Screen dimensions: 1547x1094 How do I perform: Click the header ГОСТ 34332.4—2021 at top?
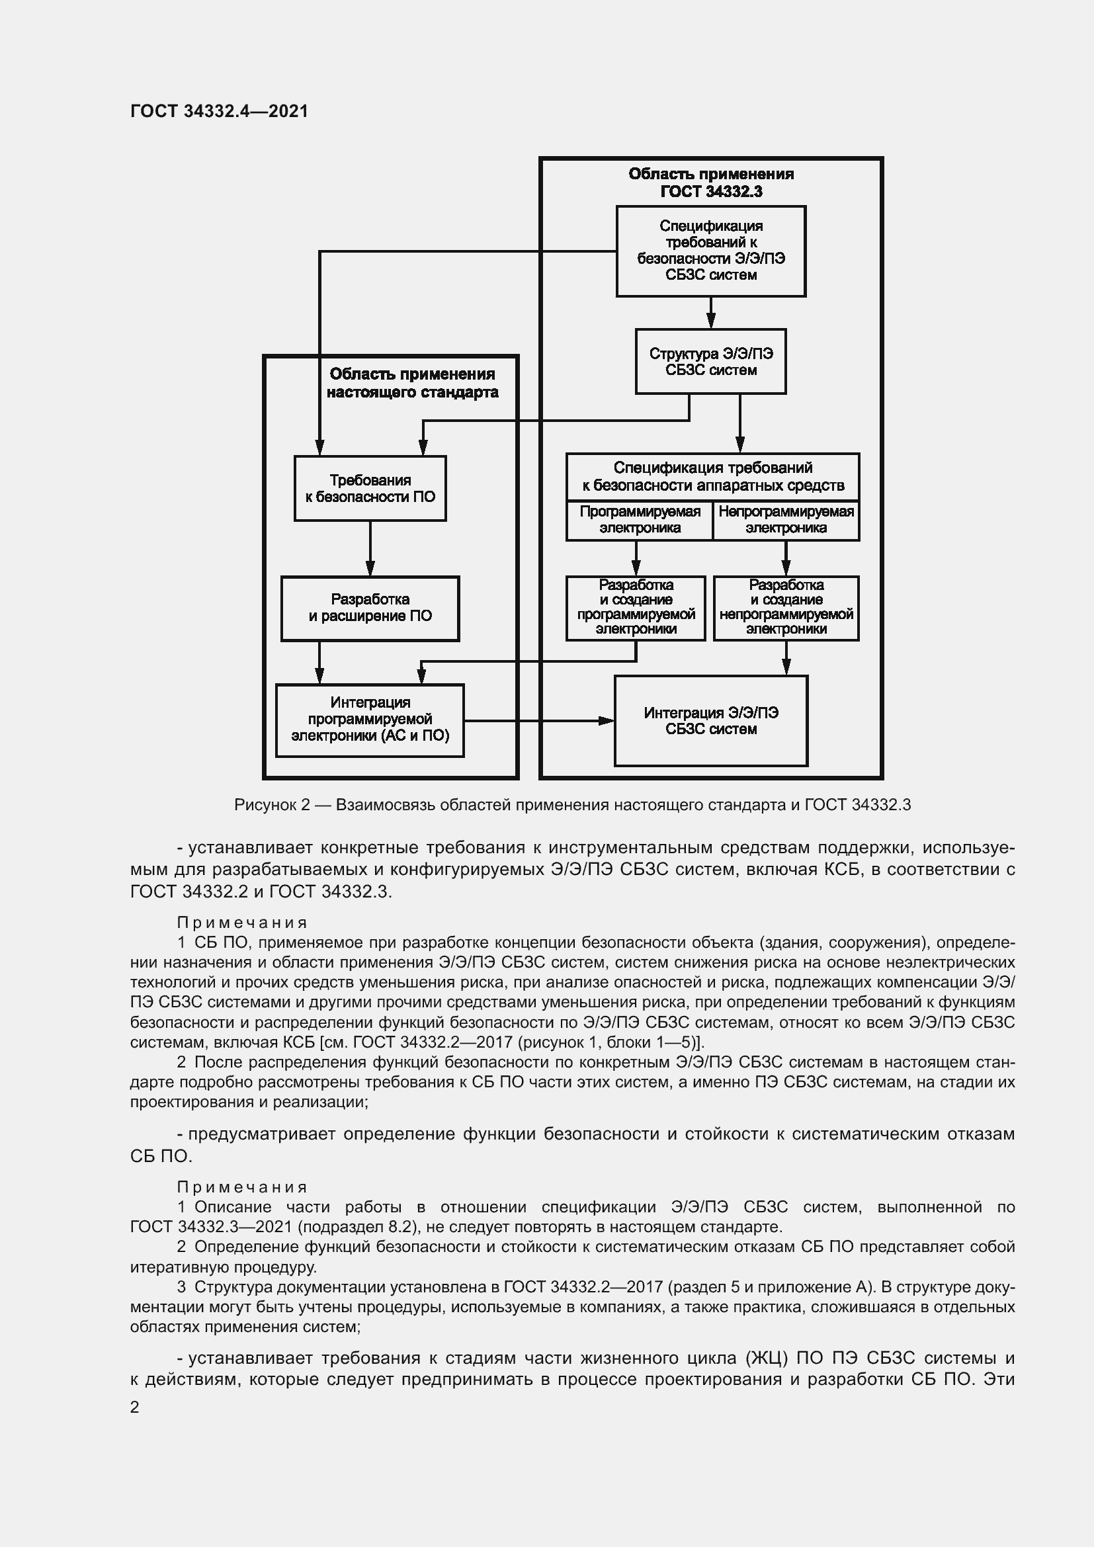[x=219, y=111]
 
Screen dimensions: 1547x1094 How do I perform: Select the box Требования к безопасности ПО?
[x=370, y=489]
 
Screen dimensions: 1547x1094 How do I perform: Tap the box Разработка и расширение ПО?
[x=370, y=608]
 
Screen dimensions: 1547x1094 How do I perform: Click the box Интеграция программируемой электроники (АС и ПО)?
[x=370, y=720]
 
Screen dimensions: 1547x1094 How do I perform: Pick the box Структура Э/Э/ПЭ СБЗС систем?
[x=710, y=361]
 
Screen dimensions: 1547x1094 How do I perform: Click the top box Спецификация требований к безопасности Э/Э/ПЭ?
[x=710, y=251]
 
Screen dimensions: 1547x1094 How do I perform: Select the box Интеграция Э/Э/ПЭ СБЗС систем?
[x=710, y=720]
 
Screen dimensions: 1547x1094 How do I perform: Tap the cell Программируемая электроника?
[x=640, y=520]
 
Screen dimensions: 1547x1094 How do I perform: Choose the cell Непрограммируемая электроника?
[x=786, y=520]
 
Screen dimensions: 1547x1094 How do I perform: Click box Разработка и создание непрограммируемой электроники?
[x=786, y=608]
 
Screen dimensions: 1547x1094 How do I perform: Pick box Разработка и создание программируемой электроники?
[x=635, y=608]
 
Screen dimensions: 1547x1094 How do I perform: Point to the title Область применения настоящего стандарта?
[x=412, y=384]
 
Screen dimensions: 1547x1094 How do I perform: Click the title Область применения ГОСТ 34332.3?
[x=710, y=183]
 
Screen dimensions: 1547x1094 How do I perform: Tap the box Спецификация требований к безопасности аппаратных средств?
[x=712, y=476]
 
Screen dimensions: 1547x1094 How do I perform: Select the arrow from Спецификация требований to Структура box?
[x=710, y=314]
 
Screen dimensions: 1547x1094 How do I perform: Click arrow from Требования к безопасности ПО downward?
[x=370, y=548]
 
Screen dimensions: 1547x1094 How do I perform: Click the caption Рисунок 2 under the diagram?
[x=572, y=804]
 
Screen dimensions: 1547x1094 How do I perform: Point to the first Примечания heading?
[x=242, y=923]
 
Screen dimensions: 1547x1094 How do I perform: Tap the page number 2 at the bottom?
[x=135, y=1407]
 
